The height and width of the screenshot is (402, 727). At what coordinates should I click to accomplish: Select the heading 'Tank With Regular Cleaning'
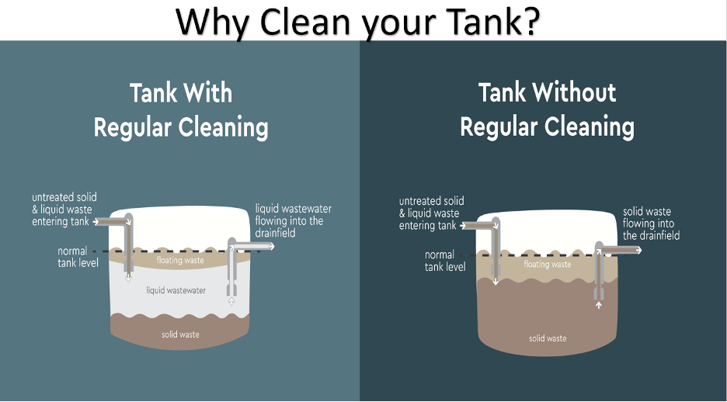[181, 109]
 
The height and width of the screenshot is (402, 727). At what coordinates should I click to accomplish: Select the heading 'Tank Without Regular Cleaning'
[547, 109]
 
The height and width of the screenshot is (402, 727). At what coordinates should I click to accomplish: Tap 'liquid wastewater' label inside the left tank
[176, 290]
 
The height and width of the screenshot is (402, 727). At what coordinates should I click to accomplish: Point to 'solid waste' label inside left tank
[180, 334]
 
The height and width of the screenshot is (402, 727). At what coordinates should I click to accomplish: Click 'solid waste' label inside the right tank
[548, 338]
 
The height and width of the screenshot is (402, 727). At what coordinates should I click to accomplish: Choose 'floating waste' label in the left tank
[180, 261]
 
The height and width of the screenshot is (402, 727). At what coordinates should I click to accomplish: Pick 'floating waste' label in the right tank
[548, 265]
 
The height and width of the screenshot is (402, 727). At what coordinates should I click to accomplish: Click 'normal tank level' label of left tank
[77, 257]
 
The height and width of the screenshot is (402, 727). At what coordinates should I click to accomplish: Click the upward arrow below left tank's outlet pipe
[231, 300]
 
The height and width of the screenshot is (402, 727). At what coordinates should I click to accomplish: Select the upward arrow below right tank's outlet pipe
[599, 306]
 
